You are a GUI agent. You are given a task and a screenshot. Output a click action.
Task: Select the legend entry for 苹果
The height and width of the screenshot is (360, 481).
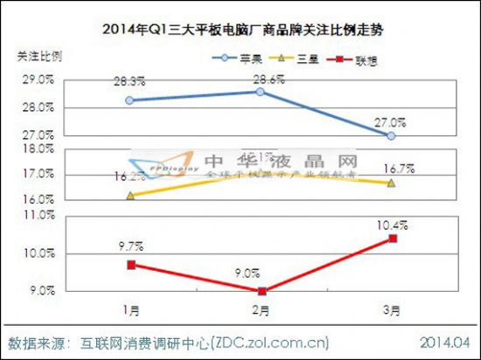point(241,59)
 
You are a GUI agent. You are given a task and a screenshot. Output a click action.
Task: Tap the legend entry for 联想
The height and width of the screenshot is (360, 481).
point(359,59)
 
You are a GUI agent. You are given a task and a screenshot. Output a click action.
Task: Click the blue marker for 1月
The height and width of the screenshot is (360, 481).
point(130,100)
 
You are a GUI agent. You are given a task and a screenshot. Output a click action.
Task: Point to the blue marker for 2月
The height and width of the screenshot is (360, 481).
point(260,92)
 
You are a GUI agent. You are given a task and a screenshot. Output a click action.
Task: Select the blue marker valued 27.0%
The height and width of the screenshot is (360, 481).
point(391,136)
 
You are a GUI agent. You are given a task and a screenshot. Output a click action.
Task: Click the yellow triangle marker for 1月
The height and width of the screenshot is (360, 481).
point(130,196)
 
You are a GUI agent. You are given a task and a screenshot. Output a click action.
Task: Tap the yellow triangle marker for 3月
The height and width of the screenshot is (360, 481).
point(391,183)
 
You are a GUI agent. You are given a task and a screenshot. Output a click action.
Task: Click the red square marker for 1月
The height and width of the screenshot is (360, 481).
point(130,265)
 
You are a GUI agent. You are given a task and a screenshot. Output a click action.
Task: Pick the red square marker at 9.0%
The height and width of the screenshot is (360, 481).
point(260,291)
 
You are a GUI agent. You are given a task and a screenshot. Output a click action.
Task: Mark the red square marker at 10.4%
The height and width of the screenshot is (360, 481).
point(393,239)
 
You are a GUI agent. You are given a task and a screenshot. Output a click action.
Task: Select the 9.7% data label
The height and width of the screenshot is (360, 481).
point(129,248)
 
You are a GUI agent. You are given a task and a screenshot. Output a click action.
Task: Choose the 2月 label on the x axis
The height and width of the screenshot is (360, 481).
point(260,310)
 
